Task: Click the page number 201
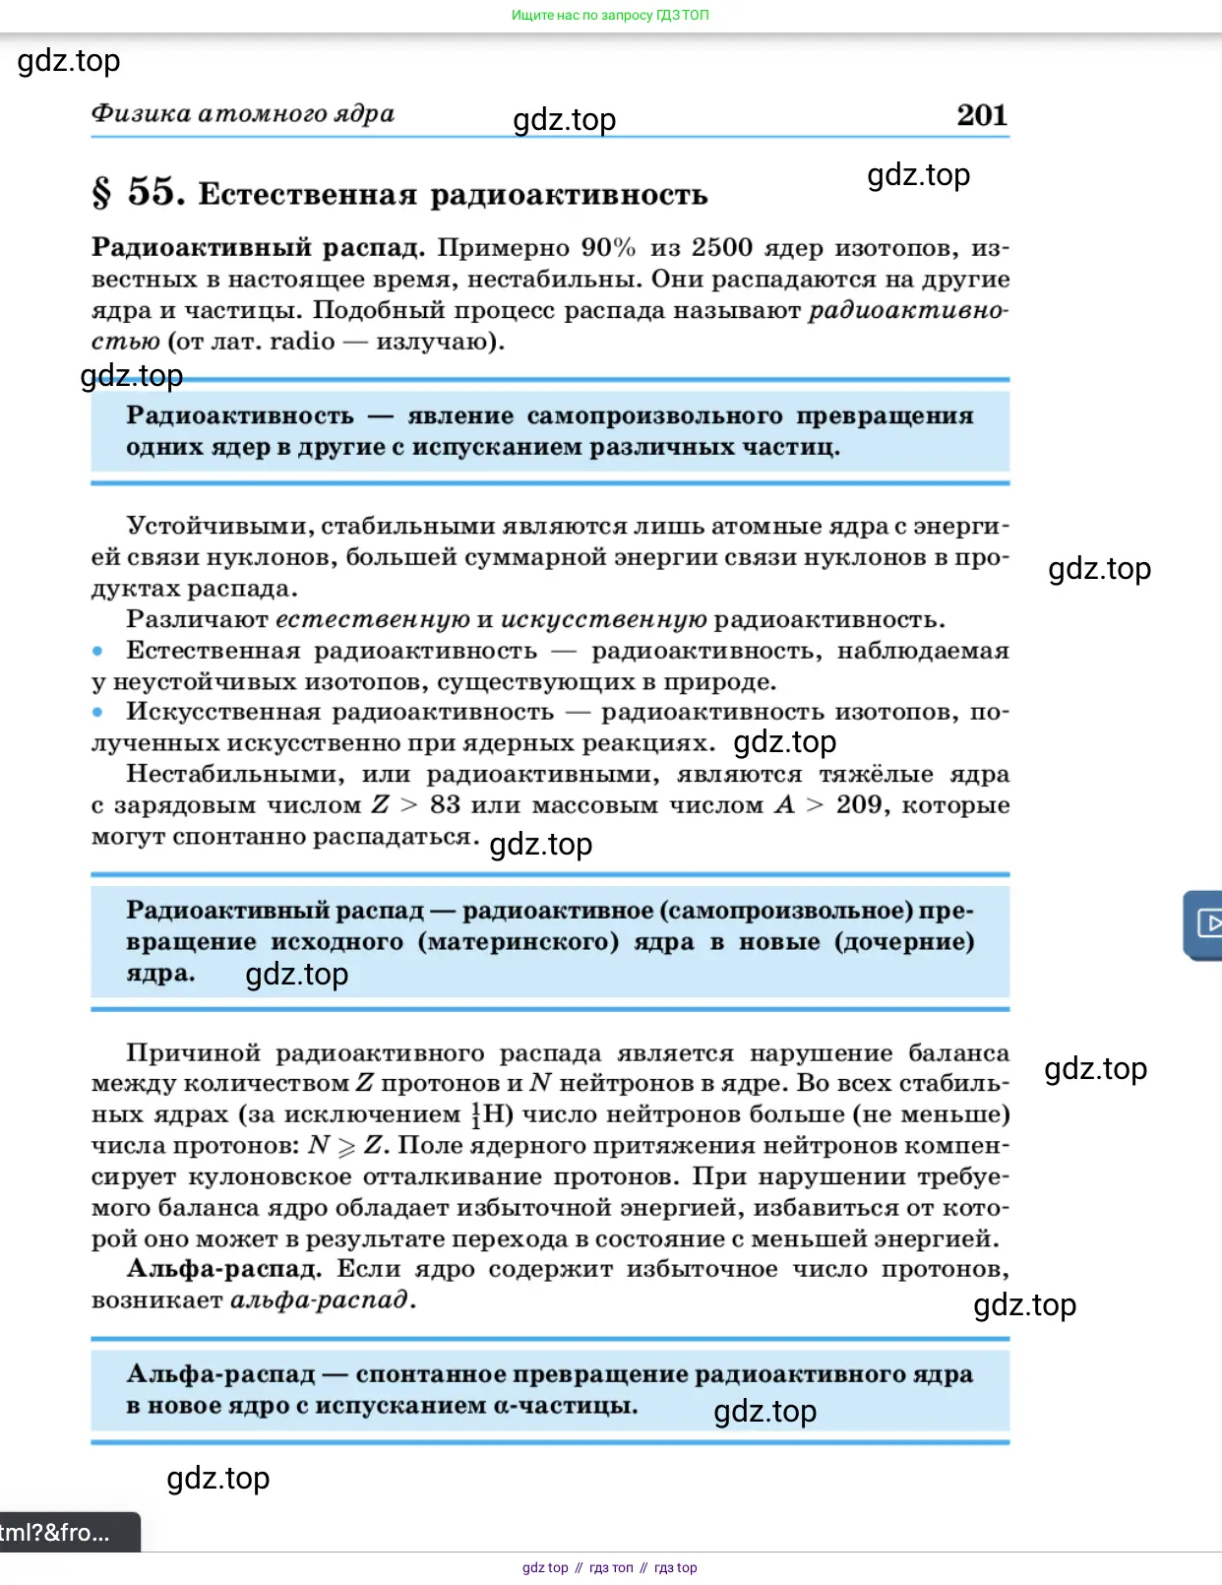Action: coord(981,115)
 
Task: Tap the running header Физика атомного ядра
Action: coord(242,114)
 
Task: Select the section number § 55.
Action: coord(138,192)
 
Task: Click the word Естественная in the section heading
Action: coord(307,195)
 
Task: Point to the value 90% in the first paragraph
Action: coord(608,247)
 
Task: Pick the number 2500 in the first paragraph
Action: coord(721,247)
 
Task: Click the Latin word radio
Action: coord(302,342)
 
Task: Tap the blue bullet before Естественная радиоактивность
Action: coord(97,651)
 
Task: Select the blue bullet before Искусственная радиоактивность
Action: coord(97,712)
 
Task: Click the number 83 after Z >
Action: coord(445,805)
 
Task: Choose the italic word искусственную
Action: coord(603,620)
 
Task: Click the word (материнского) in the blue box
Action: coord(519,942)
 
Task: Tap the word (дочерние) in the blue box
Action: coord(904,942)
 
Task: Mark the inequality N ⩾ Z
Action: coord(345,1146)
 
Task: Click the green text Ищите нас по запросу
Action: coord(581,15)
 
